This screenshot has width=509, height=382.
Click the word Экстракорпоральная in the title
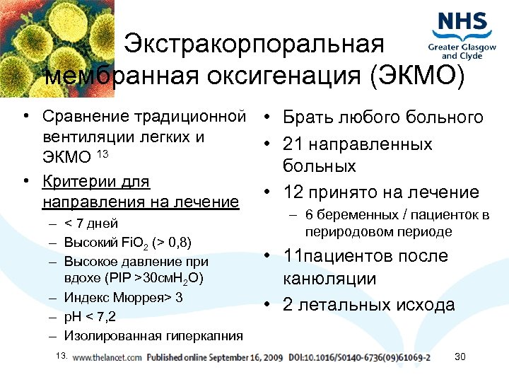pyautogui.click(x=255, y=45)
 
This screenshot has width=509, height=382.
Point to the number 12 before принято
pyautogui.click(x=293, y=192)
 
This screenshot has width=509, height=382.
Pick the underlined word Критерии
pyautogui.click(x=74, y=182)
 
